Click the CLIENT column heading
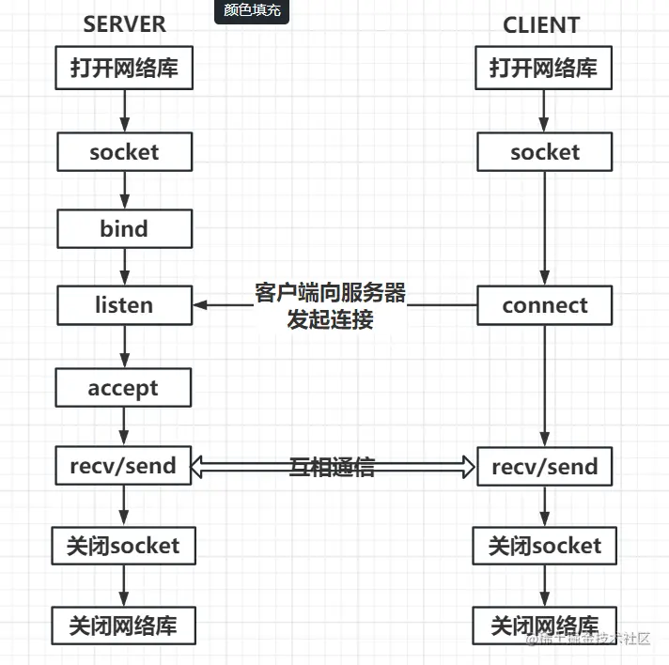(541, 25)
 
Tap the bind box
(124, 228)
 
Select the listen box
(124, 305)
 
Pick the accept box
(123, 388)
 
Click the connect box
(544, 305)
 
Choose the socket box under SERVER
(124, 152)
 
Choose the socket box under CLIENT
(544, 152)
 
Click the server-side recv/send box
(123, 466)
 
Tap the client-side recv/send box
(544, 466)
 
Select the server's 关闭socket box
(123, 546)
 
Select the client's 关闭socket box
(544, 546)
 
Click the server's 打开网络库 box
(124, 69)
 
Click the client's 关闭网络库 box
(544, 625)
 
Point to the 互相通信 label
(333, 467)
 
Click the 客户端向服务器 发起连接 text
(330, 305)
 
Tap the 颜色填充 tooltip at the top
(251, 11)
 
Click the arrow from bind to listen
(124, 267)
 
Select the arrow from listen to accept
(124, 346)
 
